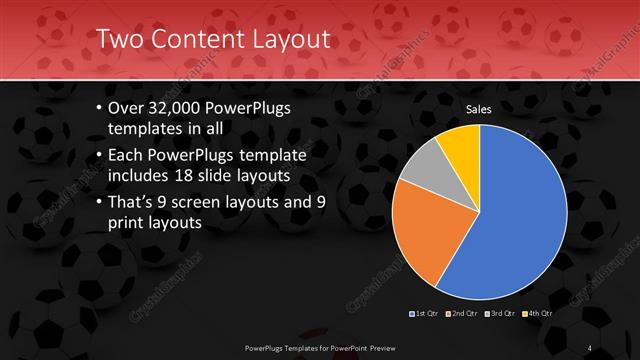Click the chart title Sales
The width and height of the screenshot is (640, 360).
pos(481,107)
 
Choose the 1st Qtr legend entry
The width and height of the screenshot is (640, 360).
pos(424,313)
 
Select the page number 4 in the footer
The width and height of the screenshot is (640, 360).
pos(589,347)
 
